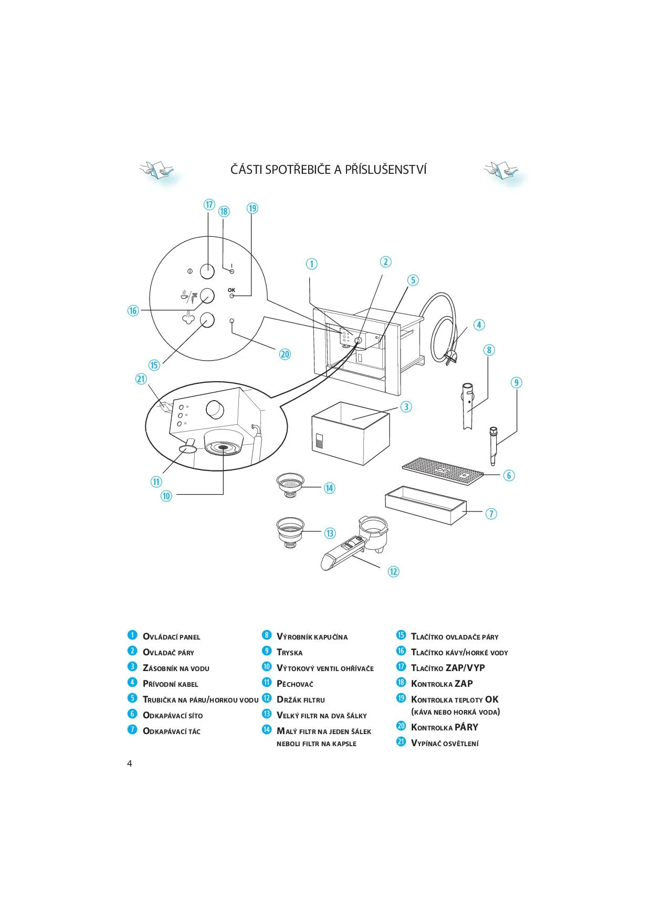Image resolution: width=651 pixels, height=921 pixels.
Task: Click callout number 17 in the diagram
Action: pos(209,205)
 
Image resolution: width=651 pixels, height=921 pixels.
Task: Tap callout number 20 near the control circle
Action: pos(285,354)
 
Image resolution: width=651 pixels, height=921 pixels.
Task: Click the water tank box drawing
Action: pos(350,433)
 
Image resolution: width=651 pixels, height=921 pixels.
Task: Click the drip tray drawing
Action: pos(425,505)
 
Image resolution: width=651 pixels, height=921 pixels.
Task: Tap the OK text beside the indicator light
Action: pos(232,290)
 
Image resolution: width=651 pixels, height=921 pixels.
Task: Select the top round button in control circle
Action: pos(207,271)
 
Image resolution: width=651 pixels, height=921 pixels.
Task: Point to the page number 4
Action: pos(130,763)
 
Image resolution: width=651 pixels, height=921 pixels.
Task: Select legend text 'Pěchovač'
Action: pos(295,684)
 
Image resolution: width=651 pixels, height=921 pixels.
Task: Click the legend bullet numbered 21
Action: pos(401,742)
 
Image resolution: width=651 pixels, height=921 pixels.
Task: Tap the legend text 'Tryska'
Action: pos(289,653)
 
